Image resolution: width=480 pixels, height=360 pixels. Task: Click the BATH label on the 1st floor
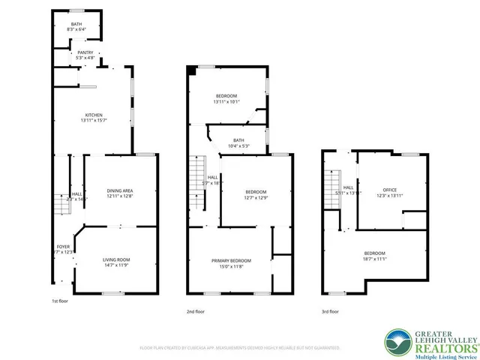(x=77, y=24)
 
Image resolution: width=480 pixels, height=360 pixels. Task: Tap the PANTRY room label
(x=85, y=52)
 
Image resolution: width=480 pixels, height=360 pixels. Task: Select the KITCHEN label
(x=93, y=115)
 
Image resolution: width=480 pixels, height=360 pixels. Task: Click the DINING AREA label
(x=119, y=190)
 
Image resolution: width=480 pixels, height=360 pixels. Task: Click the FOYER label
(x=64, y=247)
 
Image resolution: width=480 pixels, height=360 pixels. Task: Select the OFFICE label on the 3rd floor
(x=389, y=190)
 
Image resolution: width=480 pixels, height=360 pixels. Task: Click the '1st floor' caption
(x=61, y=301)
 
